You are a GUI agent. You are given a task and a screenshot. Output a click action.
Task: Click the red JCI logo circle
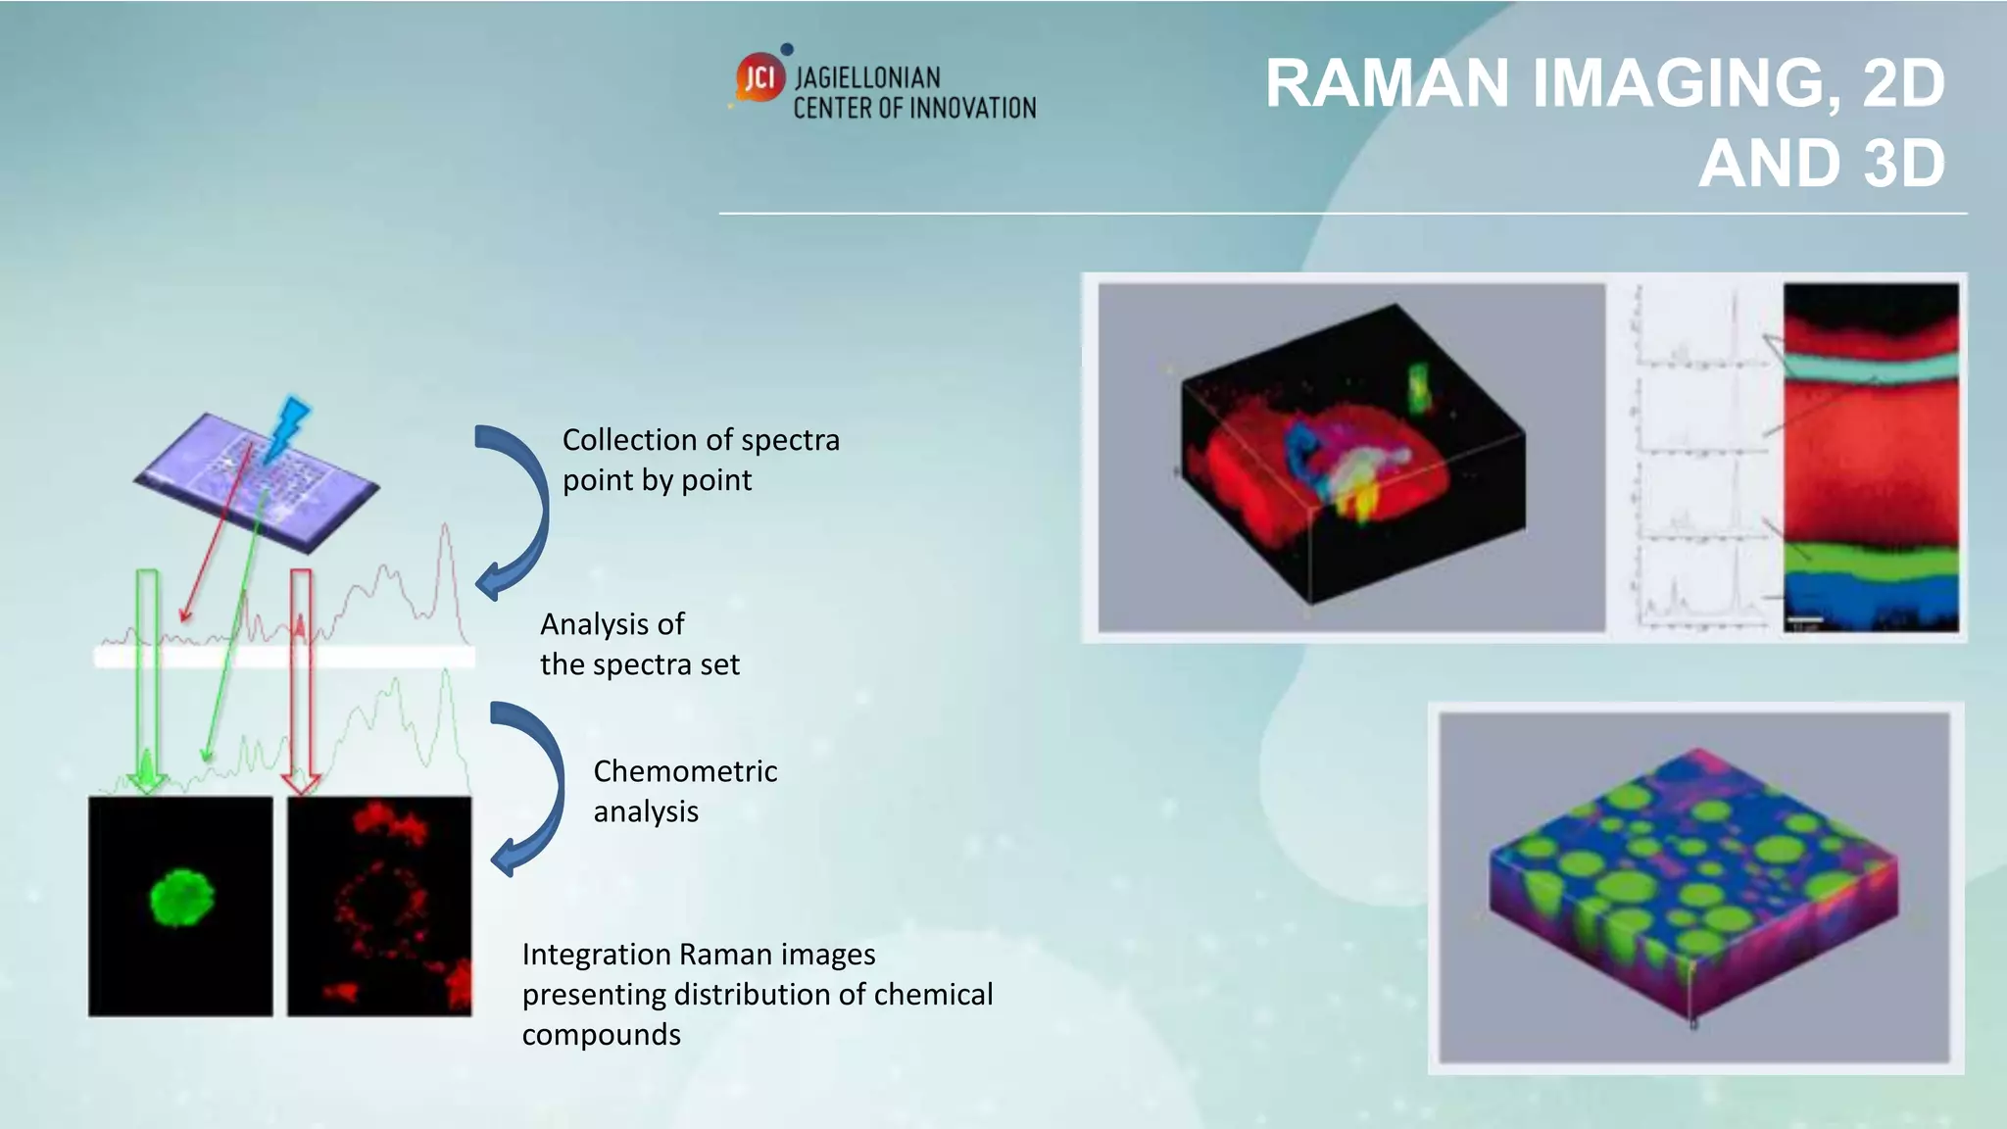(760, 77)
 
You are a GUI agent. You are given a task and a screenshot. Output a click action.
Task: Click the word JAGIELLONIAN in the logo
(866, 77)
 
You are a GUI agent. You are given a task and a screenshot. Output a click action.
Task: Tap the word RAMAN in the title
(1387, 83)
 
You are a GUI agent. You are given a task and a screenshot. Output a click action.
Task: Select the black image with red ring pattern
(379, 906)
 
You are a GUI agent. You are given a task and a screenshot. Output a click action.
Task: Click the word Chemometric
(685, 771)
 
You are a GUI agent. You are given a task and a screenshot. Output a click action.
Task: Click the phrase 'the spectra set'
(639, 664)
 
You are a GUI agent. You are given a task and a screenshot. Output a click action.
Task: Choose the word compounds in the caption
(601, 1035)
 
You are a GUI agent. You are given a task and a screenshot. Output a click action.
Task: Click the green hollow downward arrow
(147, 676)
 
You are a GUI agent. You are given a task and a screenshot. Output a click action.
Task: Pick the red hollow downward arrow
(301, 676)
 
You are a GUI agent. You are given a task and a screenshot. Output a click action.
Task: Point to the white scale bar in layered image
(1804, 619)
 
